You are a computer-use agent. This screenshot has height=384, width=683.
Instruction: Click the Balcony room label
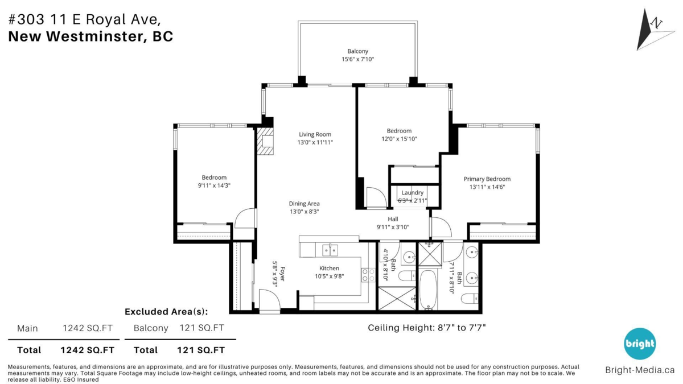coord(358,51)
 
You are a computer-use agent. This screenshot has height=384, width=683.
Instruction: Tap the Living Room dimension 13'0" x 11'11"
coord(315,143)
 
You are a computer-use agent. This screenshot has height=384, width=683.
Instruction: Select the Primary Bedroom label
coord(487,179)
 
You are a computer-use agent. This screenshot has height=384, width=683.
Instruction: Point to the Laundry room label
coord(413,193)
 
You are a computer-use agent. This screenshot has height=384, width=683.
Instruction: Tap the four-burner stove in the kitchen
coord(368,275)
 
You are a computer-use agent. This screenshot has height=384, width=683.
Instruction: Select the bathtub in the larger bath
coord(428,289)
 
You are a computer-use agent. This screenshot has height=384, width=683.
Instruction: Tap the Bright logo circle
coord(640,344)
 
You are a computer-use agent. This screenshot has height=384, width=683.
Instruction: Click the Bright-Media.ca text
coord(640,370)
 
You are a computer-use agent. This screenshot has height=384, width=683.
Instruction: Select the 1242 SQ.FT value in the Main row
coord(88,328)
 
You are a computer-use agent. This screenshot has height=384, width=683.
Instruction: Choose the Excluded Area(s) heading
coord(166,311)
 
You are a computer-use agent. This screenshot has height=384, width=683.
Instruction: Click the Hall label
coord(393,219)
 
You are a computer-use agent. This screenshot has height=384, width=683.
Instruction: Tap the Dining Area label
coord(304,204)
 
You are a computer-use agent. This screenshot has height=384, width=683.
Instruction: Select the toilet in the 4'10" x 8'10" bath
coord(406,276)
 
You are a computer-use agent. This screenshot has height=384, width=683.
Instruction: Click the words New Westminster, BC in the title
coord(90,37)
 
